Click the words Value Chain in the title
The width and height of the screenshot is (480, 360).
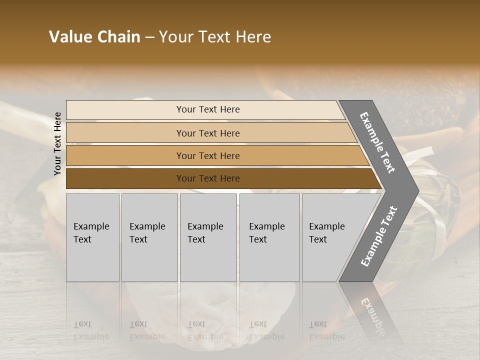pos(94,37)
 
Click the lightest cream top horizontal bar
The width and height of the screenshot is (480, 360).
pos(125,110)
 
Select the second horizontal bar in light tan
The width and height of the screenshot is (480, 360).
pos(125,133)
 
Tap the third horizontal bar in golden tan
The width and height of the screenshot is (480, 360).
pos(125,156)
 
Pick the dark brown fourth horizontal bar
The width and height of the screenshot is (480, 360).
pos(125,178)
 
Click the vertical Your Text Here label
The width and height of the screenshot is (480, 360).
pos(57,143)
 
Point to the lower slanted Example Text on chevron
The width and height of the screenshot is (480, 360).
pos(379,236)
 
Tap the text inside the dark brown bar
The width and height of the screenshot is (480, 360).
pos(208,178)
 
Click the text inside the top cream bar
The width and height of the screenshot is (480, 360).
pos(208,109)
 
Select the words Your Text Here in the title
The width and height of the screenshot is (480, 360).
pos(215,37)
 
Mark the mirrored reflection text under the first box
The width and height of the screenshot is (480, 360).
pos(91,330)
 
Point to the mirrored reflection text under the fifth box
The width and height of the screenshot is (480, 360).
pos(326,330)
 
